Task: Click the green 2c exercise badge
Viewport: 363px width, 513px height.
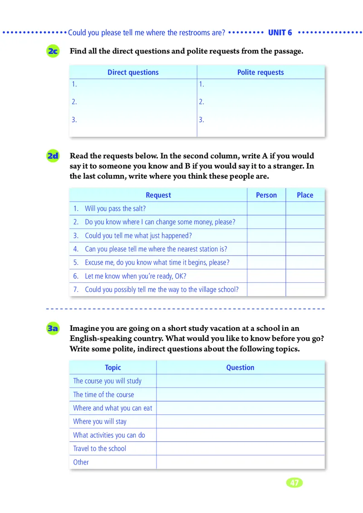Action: click(x=53, y=51)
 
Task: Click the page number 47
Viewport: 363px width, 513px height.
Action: click(x=294, y=483)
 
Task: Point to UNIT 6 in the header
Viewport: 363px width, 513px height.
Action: click(x=280, y=33)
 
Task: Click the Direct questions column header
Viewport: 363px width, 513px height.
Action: click(x=133, y=73)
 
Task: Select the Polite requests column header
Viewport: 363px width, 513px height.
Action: click(x=260, y=73)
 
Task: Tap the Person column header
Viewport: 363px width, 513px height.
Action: click(x=266, y=195)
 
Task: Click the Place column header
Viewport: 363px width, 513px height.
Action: click(x=305, y=195)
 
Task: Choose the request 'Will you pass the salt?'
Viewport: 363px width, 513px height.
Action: click(x=115, y=209)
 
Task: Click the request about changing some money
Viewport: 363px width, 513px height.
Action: click(x=160, y=222)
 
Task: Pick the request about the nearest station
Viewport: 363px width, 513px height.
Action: click(x=156, y=249)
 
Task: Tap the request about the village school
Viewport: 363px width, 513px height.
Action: click(x=162, y=290)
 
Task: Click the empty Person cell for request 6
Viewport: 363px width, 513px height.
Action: click(x=266, y=276)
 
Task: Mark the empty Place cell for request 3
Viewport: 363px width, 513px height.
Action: click(x=305, y=236)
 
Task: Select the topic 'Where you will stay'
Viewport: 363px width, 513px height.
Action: click(x=100, y=421)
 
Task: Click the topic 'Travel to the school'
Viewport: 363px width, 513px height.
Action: click(x=100, y=449)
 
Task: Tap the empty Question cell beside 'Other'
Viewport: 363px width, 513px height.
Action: click(x=240, y=462)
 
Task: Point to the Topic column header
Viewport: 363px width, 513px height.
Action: click(x=113, y=368)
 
